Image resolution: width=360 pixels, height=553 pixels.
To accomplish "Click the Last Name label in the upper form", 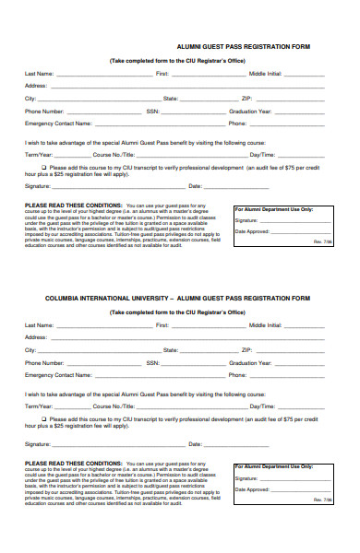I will click(39, 72).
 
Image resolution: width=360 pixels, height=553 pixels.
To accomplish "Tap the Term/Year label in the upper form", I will click(40, 154).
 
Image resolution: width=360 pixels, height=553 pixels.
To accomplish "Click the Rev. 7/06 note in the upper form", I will click(322, 241).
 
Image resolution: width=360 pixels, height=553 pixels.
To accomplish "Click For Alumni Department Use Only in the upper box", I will click(274, 209).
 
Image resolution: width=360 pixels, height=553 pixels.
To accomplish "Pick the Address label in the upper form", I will click(35, 85).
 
